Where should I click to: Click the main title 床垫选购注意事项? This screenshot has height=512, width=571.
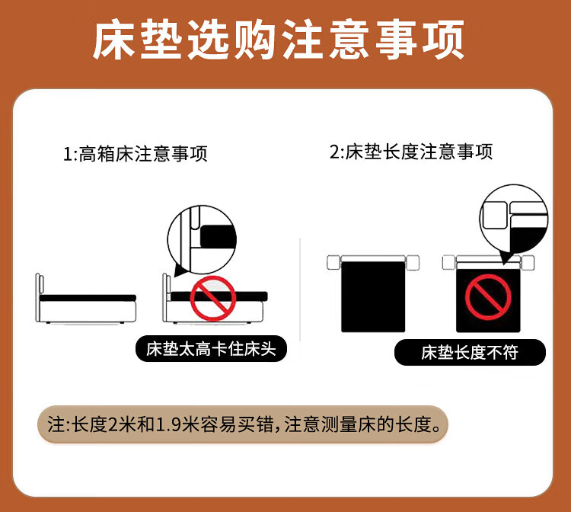click(279, 40)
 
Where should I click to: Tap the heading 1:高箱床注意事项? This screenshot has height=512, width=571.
click(136, 153)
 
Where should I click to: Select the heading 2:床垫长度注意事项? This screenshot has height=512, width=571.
click(411, 152)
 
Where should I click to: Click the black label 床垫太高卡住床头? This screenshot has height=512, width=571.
click(211, 349)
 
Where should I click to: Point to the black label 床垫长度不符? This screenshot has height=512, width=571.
click(470, 353)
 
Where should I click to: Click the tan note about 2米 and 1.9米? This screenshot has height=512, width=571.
click(243, 424)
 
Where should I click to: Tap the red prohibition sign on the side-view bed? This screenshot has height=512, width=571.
click(213, 298)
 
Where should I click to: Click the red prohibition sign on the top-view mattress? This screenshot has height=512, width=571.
click(488, 297)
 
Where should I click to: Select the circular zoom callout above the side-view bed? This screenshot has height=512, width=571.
click(202, 240)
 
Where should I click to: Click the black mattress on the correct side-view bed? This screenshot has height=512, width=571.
click(88, 298)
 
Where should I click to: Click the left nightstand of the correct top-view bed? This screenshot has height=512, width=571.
click(333, 262)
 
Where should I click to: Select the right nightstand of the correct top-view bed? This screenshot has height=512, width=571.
click(413, 262)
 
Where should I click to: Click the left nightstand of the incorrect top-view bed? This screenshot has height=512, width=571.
click(448, 262)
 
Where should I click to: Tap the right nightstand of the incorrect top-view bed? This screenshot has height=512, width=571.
click(528, 262)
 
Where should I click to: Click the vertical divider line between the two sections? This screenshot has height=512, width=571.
click(300, 290)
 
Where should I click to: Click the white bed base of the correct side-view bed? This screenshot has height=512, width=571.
click(88, 312)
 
